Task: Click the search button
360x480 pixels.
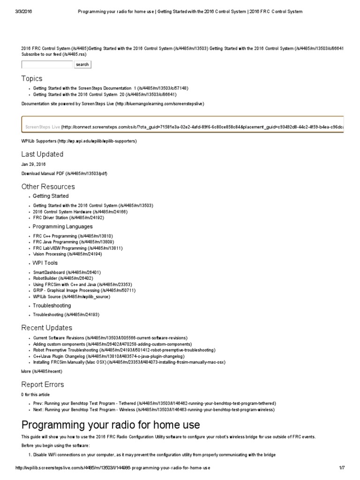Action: click(x=82, y=64)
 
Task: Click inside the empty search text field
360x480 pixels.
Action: click(x=47, y=64)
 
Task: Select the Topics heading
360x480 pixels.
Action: click(x=32, y=78)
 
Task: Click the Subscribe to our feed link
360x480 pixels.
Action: click(x=54, y=54)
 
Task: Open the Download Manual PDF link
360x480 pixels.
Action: click(x=64, y=173)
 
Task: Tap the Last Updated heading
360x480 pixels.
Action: click(x=42, y=154)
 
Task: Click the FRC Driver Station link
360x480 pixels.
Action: click(x=68, y=217)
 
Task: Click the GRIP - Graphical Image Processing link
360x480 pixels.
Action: click(x=84, y=290)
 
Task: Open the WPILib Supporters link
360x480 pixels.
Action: click(x=79, y=141)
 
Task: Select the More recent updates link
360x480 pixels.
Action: click(x=42, y=371)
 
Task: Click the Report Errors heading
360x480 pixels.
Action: click(x=43, y=384)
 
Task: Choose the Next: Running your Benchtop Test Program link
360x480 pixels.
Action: click(x=154, y=409)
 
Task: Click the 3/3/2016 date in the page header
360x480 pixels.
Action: click(x=25, y=11)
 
